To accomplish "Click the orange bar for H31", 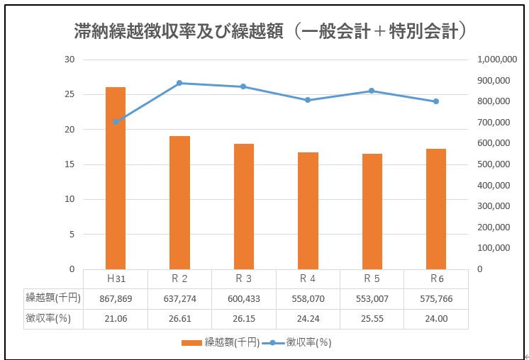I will click(x=116, y=177).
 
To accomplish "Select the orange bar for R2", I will click(x=179, y=202).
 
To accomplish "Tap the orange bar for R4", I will click(x=308, y=210).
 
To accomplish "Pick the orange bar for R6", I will click(x=436, y=208).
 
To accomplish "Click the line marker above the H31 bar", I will click(x=116, y=122).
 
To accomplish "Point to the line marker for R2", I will click(x=179, y=83).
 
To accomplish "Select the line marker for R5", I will click(x=372, y=91).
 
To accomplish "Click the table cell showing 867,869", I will click(x=116, y=299).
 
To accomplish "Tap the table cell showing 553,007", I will click(x=372, y=299).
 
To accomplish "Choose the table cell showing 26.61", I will click(x=179, y=319).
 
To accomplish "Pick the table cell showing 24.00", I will click(x=436, y=319).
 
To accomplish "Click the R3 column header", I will click(x=244, y=279).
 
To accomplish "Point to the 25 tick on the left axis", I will click(x=69, y=94).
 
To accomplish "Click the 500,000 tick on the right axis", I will click(x=497, y=164).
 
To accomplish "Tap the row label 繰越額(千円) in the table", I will click(x=53, y=299).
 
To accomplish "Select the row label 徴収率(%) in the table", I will click(x=53, y=319).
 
